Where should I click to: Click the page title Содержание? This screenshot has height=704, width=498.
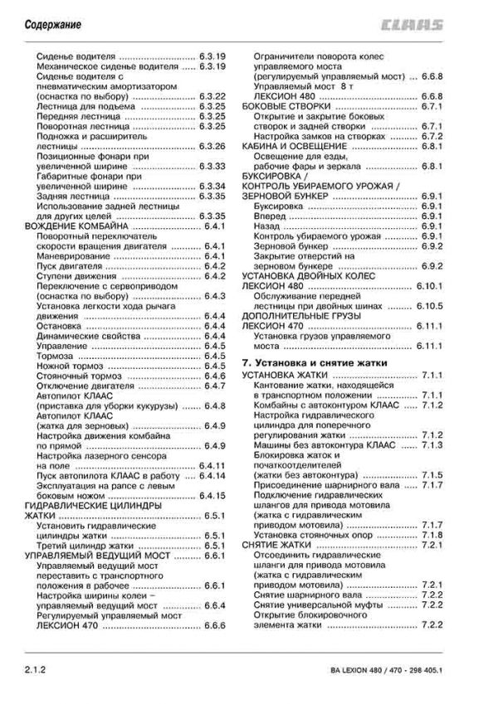coord(46,25)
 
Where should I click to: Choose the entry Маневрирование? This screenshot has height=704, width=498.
coord(76,256)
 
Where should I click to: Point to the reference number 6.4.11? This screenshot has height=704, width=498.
coord(213,465)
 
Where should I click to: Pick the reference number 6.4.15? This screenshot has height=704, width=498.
coord(213,495)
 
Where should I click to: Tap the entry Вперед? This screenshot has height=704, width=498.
coord(271,216)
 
